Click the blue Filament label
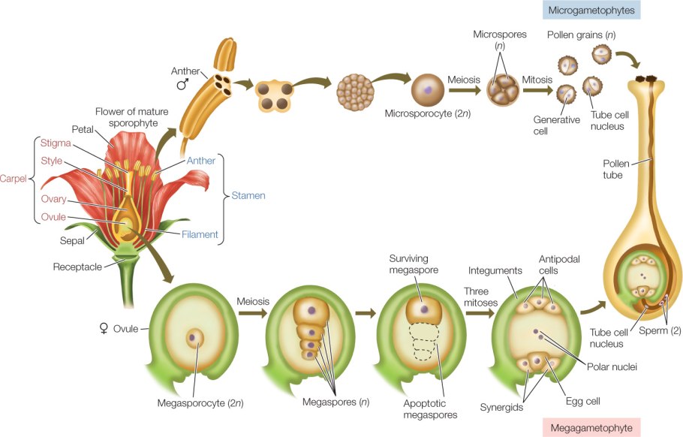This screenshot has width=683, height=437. click(x=200, y=234)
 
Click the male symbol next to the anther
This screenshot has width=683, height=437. click(x=182, y=84)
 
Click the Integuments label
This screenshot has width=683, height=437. click(x=496, y=269)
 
